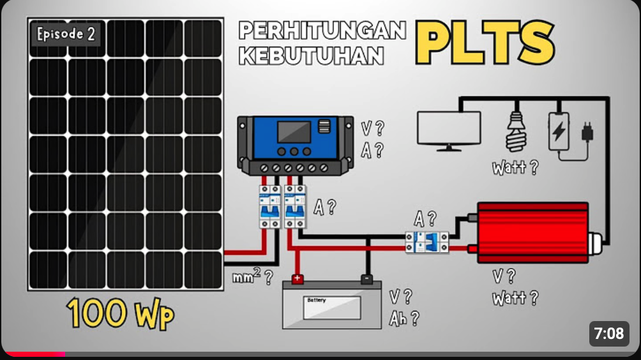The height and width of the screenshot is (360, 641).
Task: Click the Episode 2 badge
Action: point(66,34)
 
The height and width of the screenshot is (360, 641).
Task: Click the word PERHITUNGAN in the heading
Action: point(322,31)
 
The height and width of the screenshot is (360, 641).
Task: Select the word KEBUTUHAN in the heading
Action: point(312,56)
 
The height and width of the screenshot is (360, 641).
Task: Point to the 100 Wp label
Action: point(120,314)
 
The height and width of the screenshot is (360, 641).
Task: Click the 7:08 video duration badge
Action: point(608,333)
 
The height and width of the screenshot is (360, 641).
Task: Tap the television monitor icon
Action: point(449,130)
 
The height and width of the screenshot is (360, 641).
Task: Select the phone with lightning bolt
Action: point(559,131)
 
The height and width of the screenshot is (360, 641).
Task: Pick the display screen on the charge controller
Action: point(294,131)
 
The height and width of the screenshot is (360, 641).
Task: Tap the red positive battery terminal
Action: point(297,279)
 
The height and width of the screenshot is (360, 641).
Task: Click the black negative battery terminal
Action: point(367,279)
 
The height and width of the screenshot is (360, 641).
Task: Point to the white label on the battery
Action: point(331,307)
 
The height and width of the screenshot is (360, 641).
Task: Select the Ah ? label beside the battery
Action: point(404,319)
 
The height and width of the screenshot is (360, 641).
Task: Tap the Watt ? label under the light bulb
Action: point(515,168)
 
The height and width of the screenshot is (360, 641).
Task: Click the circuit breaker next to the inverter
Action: point(426,242)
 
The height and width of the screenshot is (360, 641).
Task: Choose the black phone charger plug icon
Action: point(587,133)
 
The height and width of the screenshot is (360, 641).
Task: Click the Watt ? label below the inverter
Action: point(515,297)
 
